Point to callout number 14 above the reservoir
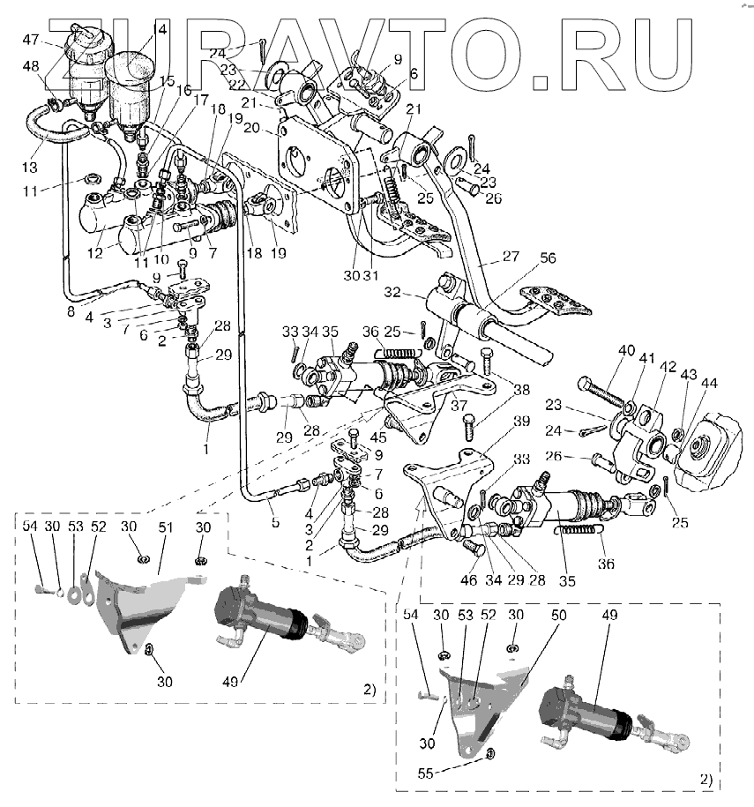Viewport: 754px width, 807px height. pos(160,28)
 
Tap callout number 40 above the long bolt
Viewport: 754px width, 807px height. pos(626,350)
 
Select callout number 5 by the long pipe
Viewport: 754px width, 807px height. pos(275,523)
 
